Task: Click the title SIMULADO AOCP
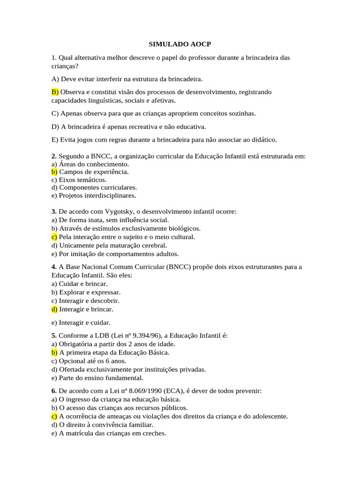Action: coord(180,44)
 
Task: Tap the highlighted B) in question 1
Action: coord(55,92)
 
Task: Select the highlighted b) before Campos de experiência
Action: coord(54,172)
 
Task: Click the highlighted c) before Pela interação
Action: coord(54,237)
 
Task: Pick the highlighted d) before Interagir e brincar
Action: coord(54,309)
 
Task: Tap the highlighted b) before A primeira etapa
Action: coord(54,352)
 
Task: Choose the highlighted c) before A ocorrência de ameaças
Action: coord(54,416)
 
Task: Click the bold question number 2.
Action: coord(54,156)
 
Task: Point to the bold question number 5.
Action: coord(54,335)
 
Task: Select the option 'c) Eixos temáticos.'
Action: coord(79,180)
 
